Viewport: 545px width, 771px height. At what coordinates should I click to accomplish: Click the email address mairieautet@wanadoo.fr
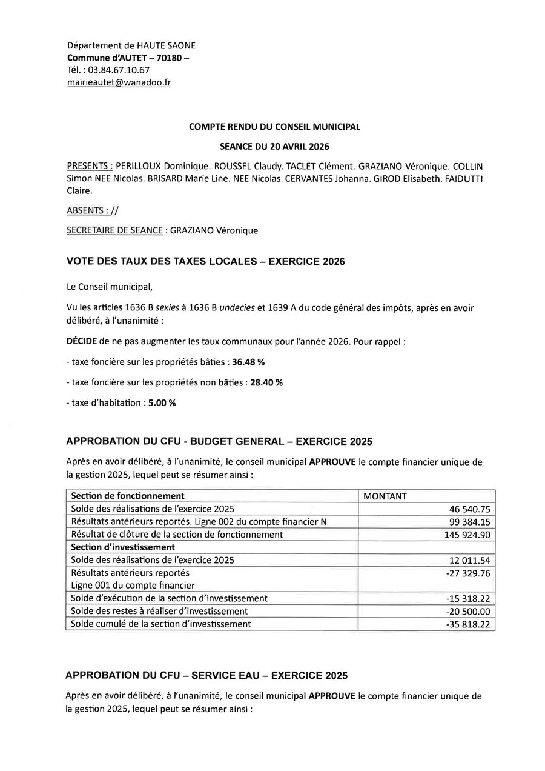[119, 82]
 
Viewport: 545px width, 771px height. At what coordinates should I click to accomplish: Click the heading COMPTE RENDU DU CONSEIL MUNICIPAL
[274, 127]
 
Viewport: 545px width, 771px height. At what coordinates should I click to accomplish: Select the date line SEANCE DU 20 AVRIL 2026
[274, 146]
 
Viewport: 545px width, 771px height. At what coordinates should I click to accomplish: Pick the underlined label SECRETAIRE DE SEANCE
[114, 230]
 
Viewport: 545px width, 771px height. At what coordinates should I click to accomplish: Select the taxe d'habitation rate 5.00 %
[162, 403]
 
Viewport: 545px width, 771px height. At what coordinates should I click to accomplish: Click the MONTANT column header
[385, 496]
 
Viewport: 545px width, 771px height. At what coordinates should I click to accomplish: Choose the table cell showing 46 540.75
[469, 509]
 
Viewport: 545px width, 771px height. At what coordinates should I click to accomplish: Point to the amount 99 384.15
[469, 522]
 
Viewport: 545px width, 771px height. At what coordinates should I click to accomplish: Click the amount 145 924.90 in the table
[467, 535]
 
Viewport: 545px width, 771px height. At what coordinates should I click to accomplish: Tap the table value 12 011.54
[469, 560]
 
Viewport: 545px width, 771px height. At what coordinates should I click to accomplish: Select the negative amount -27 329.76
[467, 573]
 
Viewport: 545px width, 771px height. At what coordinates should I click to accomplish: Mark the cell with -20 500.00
[467, 611]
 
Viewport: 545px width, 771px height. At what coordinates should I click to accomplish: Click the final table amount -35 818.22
[467, 624]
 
